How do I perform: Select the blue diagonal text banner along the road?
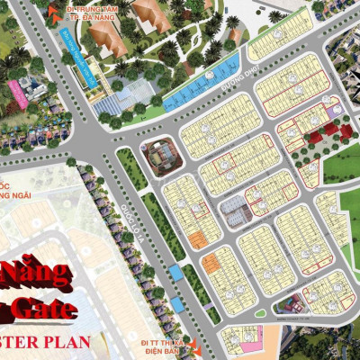click(76, 56)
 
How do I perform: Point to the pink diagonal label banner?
click(16, 94)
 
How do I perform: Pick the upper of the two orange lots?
click(197, 238)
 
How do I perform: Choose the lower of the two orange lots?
click(210, 264)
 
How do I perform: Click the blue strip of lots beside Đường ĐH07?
click(199, 80)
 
